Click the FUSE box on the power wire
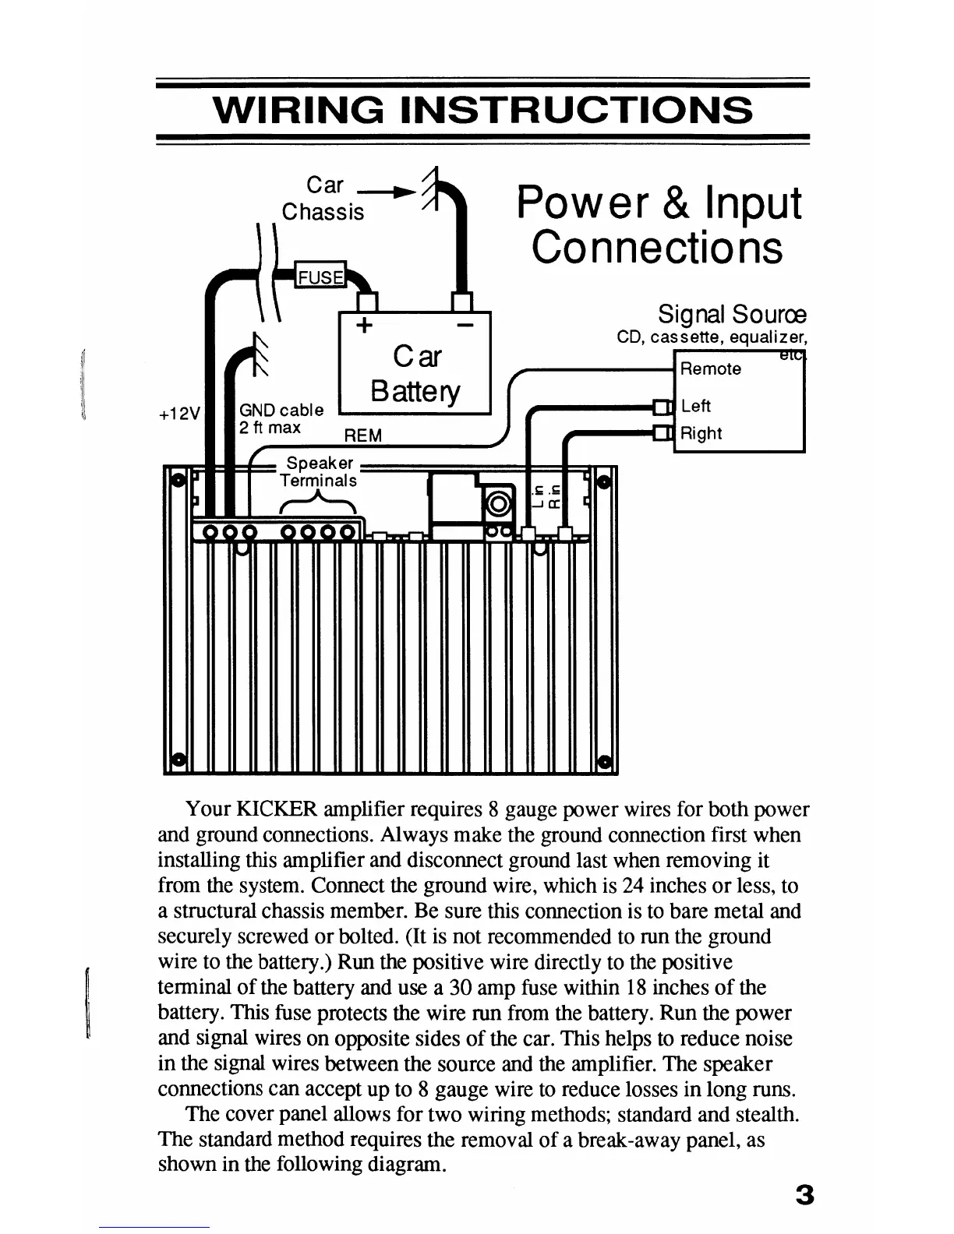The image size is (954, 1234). coord(320,277)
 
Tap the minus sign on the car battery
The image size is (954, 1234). coord(463,324)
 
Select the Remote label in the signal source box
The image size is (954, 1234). coord(710,369)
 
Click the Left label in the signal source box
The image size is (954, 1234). coord(695,406)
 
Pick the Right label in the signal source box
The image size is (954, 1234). coord(701,433)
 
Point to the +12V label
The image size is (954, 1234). coord(179,414)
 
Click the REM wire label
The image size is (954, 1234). coord(362,435)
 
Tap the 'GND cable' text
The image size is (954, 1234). coord(281,410)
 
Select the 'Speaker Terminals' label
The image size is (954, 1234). coord(319,472)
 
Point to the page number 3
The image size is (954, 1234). coord(804,1194)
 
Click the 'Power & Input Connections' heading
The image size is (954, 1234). coord(658,225)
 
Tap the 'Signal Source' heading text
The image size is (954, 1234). coord(731,315)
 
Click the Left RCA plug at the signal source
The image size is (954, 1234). coord(662,406)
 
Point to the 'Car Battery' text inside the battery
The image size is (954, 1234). coord(415,373)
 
